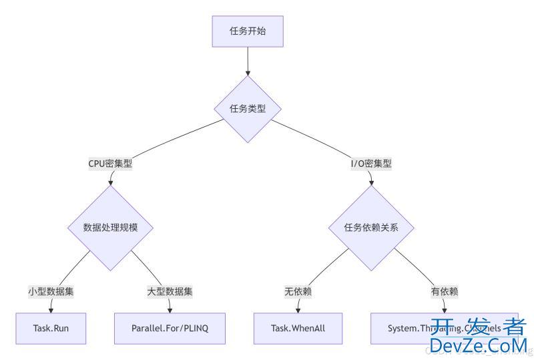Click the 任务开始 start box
pos(248,31)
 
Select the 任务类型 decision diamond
pos(248,109)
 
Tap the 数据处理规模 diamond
pos(110,227)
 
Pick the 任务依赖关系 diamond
pos(371,227)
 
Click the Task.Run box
pos(51,328)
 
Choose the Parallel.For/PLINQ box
pos(170,328)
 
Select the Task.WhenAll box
pos(298,328)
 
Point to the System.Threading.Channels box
pos(414,328)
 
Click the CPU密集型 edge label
pos(110,163)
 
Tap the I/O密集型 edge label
pos(371,163)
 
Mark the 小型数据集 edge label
pos(51,291)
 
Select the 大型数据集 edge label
pos(170,291)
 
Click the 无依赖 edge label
pos(298,291)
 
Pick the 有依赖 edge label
pos(445,291)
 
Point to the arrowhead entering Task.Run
pos(51,309)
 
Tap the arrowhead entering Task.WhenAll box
pos(298,309)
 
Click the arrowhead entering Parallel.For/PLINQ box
pos(170,309)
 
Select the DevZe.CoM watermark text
pos(478,345)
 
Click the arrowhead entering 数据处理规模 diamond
pos(110,182)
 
